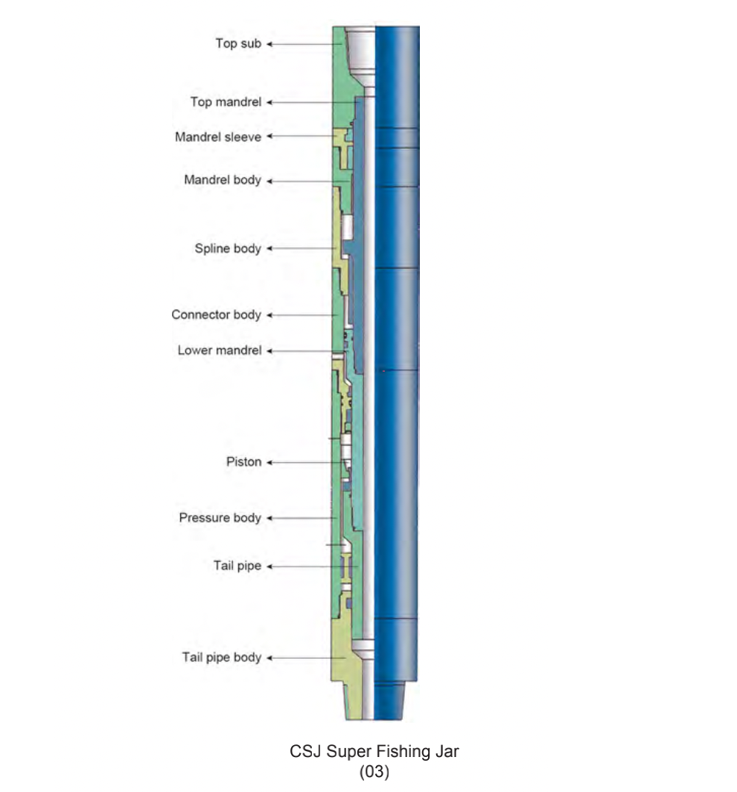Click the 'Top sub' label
[238, 44]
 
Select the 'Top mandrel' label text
[226, 102]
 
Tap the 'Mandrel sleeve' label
[218, 137]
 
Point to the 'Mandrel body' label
[223, 180]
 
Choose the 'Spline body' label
[228, 249]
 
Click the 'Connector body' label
[216, 315]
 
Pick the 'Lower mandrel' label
[219, 351]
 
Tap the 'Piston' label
[243, 462]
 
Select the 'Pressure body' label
[220, 518]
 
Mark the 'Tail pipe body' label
[221, 657]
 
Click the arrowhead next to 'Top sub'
[269, 45]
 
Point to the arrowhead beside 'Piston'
[269, 462]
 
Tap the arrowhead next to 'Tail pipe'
[269, 566]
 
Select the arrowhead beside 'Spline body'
[269, 249]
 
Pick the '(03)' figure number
[374, 773]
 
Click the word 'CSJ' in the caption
[305, 752]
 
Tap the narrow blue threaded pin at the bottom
[389, 700]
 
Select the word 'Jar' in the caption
[447, 752]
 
